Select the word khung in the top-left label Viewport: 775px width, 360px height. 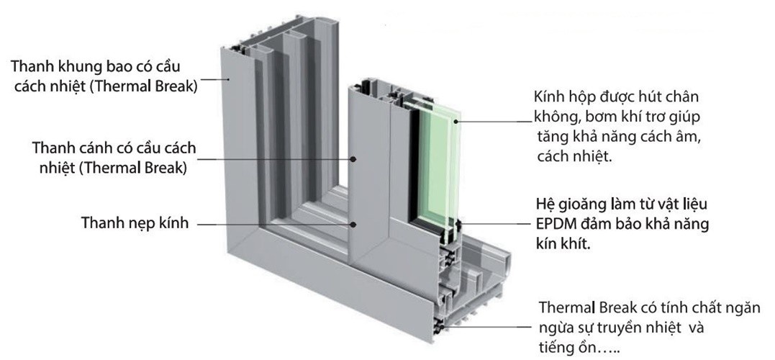pos(80,66)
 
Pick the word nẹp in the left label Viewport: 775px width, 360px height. pos(134,224)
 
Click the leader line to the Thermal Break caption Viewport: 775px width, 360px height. pos(489,328)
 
